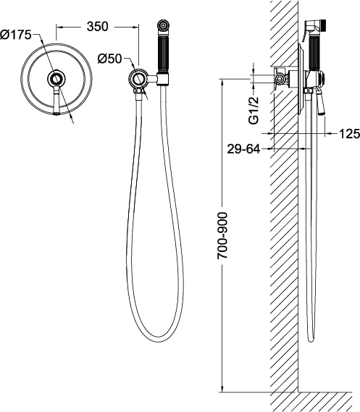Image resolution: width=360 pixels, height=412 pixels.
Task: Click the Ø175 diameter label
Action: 15,35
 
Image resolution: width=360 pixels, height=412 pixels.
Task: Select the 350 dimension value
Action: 98,27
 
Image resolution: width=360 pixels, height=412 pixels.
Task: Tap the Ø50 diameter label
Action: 109,59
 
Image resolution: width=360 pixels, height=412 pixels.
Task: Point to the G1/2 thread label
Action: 254,110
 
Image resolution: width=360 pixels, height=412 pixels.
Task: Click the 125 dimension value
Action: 349,134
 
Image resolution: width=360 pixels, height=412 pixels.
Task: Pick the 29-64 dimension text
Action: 243,149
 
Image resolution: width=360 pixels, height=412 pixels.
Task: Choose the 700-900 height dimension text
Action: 222,236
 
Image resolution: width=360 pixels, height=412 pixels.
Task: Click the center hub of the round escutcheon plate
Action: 56,78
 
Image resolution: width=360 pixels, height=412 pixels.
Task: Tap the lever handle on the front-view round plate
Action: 56,101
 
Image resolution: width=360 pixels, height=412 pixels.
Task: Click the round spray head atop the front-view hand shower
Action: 163,26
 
